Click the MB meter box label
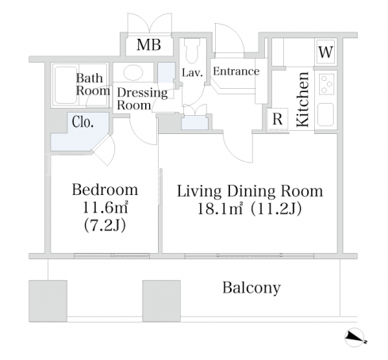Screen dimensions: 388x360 [x=148, y=44]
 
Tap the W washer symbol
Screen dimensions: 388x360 [x=325, y=52]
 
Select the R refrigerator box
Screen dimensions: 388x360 [x=277, y=119]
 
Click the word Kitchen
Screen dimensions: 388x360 [x=302, y=99]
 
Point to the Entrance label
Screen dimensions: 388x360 [x=236, y=71]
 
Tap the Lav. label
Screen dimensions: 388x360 [x=192, y=72]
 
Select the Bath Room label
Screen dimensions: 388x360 [x=93, y=84]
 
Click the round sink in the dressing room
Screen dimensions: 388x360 [x=133, y=72]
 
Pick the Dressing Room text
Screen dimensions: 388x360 [x=142, y=98]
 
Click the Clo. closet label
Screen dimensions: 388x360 [x=83, y=122]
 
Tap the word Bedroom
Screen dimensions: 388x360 [x=105, y=190]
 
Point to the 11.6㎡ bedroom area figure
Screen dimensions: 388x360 [x=106, y=208]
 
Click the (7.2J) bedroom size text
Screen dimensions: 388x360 [x=105, y=225]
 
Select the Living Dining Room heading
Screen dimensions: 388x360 [x=250, y=191]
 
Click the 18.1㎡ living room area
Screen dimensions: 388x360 [x=220, y=209]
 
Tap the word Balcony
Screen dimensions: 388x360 [x=252, y=288]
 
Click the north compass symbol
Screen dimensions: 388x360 [x=355, y=337]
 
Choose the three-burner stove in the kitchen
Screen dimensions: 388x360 [x=326, y=84]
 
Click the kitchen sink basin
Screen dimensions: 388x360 [x=326, y=114]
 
